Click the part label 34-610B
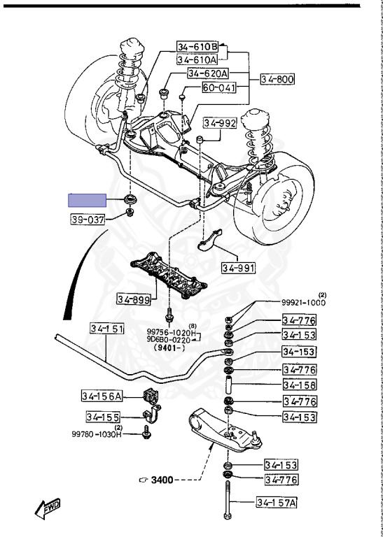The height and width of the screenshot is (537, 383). (197, 46)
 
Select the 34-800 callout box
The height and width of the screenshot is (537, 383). (277, 80)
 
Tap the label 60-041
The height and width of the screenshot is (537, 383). (219, 87)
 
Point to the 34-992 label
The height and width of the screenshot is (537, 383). (220, 123)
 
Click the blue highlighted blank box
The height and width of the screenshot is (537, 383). (87, 201)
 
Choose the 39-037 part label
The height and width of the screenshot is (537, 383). (88, 220)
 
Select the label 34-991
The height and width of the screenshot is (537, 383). (238, 268)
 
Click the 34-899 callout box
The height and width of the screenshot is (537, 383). (134, 300)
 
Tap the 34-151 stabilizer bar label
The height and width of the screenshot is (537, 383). (107, 328)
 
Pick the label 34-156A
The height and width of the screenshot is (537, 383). (102, 396)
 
